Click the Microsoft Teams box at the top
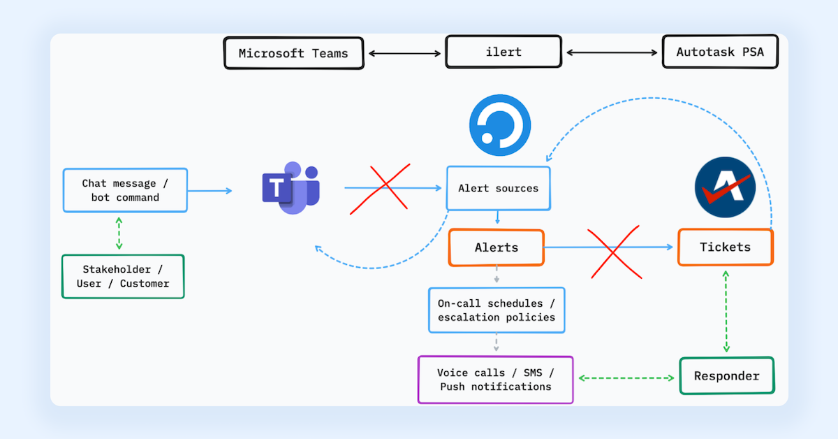[x=293, y=53]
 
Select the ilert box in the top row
[x=503, y=52]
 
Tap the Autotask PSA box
[x=720, y=52]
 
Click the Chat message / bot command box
[x=125, y=190]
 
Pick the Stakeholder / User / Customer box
[x=123, y=276]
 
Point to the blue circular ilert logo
[x=500, y=125]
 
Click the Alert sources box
[x=498, y=188]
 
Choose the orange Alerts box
[x=496, y=247]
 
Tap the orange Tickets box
[x=725, y=247]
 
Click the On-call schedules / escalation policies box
[x=496, y=310]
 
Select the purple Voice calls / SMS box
[x=495, y=380]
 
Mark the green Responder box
[x=726, y=376]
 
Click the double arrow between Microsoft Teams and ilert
[x=404, y=53]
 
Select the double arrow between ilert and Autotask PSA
[x=611, y=53]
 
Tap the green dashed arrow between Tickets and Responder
[x=726, y=311]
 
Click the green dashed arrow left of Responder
[x=626, y=377]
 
